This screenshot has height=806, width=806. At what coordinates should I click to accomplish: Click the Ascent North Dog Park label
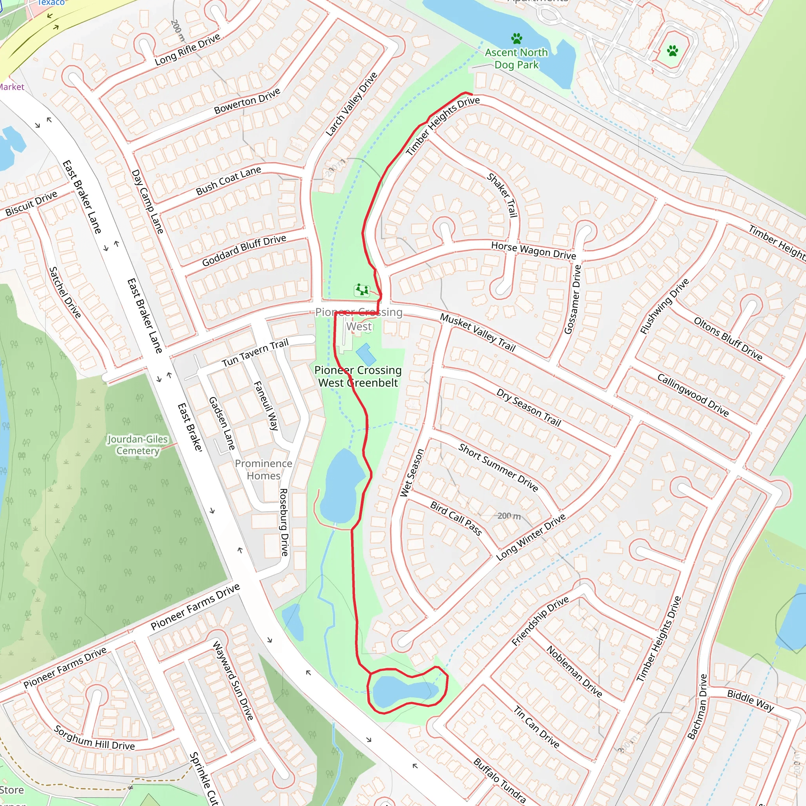click(x=516, y=58)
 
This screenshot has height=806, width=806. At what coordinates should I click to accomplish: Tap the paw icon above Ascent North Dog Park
click(x=516, y=39)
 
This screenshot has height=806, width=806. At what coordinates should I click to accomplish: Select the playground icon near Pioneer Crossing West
click(x=361, y=290)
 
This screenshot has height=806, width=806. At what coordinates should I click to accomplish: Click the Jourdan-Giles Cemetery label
click(x=138, y=445)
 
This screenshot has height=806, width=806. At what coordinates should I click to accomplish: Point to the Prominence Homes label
click(x=263, y=470)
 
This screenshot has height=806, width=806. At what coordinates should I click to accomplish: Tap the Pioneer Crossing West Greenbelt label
click(x=358, y=376)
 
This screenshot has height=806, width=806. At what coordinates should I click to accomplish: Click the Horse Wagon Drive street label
click(x=533, y=250)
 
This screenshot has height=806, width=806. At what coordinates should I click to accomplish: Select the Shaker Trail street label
click(x=502, y=195)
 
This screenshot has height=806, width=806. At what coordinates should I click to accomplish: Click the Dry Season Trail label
click(x=529, y=407)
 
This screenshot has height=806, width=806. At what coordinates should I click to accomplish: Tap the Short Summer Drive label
click(x=498, y=467)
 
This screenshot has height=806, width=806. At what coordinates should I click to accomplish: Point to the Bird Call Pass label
click(x=456, y=518)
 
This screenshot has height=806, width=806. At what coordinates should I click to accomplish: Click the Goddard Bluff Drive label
click(x=244, y=250)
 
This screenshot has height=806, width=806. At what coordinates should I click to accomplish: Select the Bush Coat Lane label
click(x=228, y=181)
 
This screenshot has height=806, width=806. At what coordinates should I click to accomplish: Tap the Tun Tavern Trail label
click(x=255, y=353)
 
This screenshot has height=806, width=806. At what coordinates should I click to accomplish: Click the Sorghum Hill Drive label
click(x=94, y=738)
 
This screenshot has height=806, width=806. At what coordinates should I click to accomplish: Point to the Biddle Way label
click(x=751, y=700)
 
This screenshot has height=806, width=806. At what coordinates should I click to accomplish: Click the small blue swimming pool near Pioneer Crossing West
click(x=366, y=354)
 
